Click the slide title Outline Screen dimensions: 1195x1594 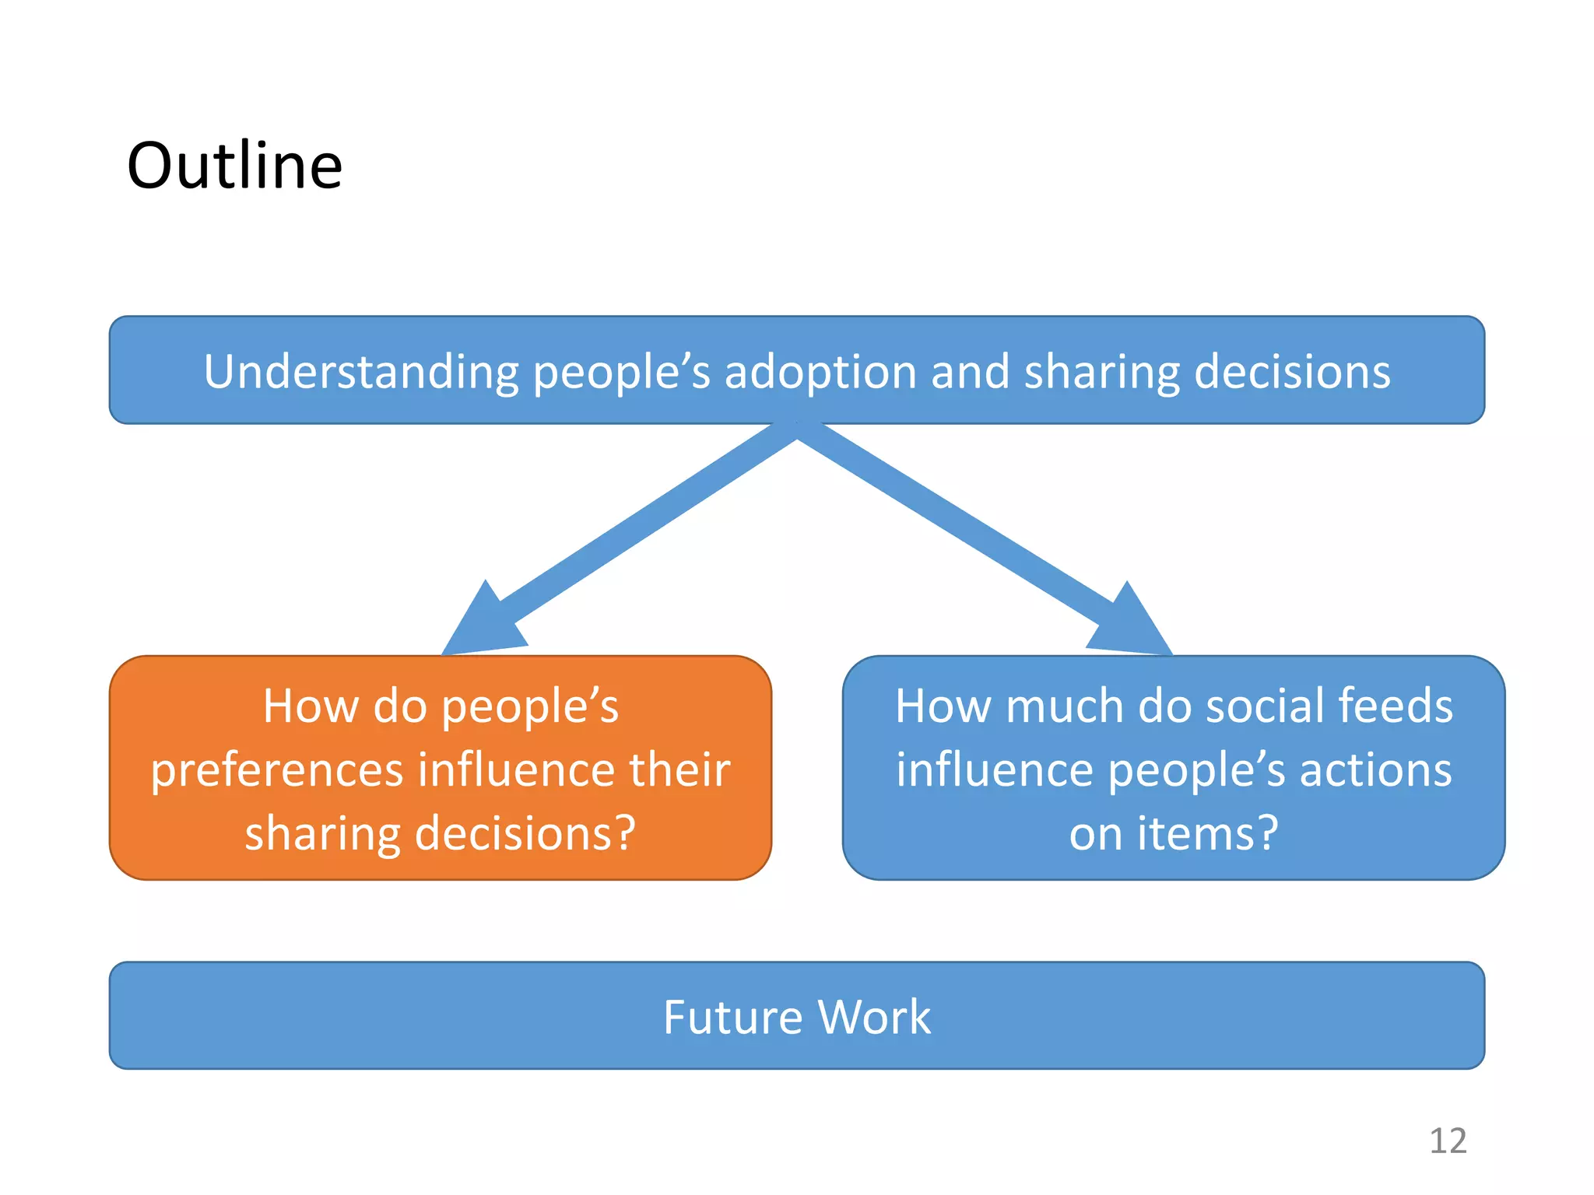pyautogui.click(x=234, y=166)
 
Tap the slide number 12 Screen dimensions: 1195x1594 pyautogui.click(x=1448, y=1141)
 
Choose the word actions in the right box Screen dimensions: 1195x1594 pyautogui.click(x=1375, y=769)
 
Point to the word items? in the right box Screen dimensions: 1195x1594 pyautogui.click(x=1207, y=833)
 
